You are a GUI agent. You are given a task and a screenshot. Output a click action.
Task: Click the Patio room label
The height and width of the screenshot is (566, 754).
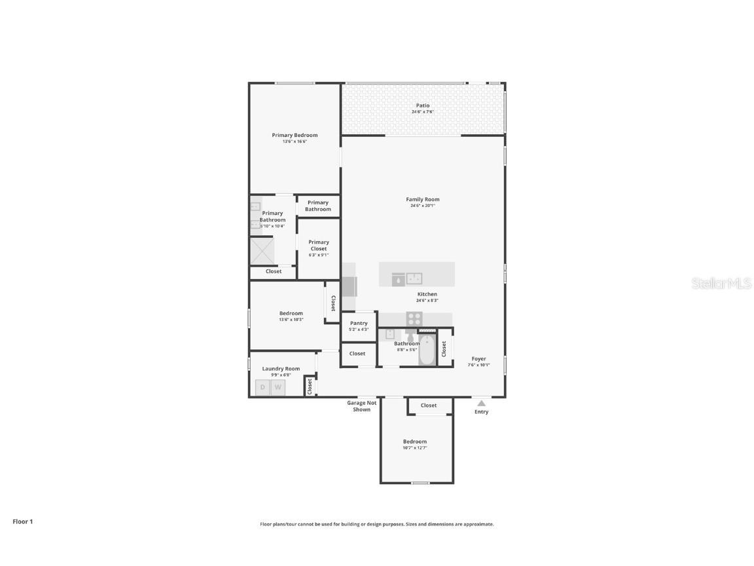[423, 105]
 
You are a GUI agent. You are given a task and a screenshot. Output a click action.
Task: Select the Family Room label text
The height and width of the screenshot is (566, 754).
[423, 199]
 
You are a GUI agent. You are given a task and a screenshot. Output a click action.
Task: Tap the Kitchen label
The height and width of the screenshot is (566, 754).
[427, 294]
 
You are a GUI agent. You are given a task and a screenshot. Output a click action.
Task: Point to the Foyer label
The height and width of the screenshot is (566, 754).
[478, 359]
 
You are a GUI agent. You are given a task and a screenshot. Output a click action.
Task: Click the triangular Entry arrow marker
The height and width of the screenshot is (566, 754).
[481, 404]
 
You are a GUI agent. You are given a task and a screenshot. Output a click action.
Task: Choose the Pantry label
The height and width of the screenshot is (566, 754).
[359, 323]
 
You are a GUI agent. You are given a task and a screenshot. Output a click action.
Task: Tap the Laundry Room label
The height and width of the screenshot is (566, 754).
[281, 369]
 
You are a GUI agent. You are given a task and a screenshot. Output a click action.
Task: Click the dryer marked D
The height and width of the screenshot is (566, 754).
[262, 387]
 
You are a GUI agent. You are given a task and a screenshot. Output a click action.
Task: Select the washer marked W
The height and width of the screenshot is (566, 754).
[278, 387]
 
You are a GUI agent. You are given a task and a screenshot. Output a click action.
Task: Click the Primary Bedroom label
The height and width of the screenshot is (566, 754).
[295, 135]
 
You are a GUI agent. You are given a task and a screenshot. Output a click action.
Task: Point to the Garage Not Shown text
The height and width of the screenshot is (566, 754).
[361, 406]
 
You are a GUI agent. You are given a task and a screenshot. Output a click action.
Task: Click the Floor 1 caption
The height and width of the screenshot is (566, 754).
[22, 521]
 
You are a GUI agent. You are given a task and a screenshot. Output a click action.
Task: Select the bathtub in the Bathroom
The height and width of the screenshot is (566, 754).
[427, 350]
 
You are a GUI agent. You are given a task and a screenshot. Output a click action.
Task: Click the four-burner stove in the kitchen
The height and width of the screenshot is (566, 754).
[414, 318]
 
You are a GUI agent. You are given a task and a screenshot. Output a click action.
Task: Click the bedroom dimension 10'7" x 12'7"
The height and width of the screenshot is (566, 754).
[415, 448]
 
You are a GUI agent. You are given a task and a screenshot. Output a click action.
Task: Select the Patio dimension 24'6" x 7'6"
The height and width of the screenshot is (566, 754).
[423, 112]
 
